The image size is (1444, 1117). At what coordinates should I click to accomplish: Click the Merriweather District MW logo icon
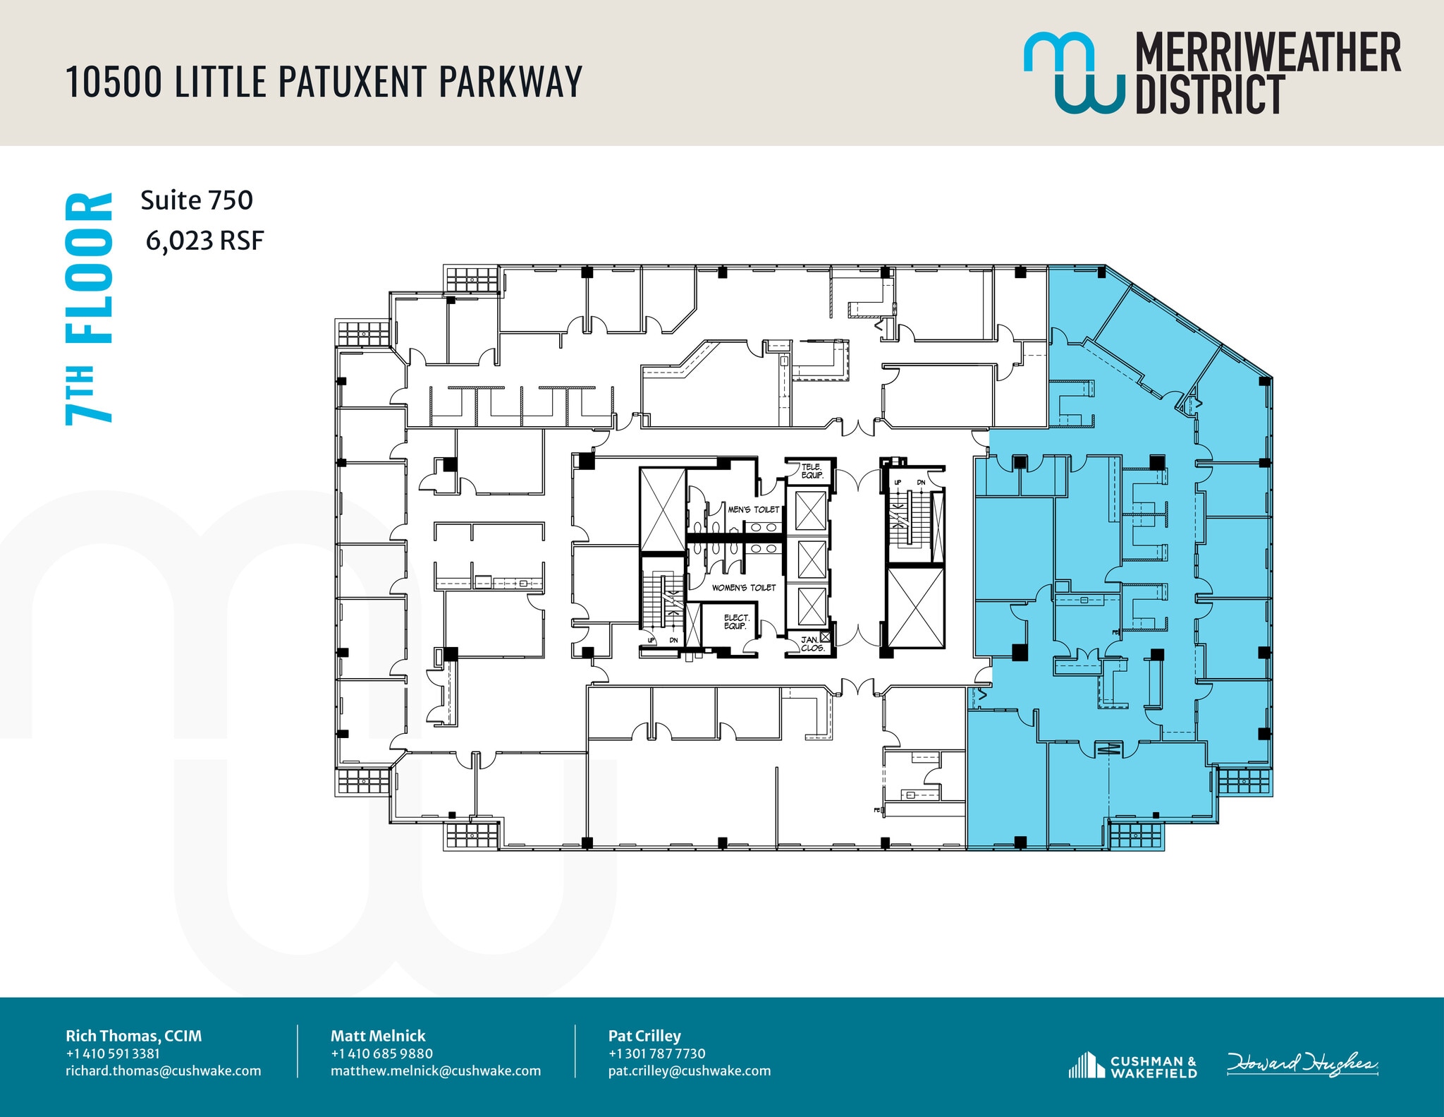1073,72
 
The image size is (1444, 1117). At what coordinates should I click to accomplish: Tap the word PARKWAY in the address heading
510,81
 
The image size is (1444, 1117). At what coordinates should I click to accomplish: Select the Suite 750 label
197,200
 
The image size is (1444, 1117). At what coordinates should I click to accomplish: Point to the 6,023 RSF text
204,241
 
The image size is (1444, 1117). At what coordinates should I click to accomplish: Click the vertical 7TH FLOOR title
89,308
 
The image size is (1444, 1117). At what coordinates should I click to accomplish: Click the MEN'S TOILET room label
754,509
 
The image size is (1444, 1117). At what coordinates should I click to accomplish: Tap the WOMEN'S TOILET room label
743,588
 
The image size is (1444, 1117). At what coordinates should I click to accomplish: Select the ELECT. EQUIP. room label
736,622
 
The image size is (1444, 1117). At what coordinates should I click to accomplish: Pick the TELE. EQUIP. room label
812,471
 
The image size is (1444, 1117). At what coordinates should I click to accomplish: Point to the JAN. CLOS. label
812,644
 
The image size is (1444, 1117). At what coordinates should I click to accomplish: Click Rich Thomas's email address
164,1070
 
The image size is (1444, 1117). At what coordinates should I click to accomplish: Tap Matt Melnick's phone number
381,1053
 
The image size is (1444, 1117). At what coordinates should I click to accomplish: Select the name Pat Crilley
644,1036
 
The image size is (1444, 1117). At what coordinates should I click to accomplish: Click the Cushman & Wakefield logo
1133,1066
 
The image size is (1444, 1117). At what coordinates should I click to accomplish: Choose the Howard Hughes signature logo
1302,1064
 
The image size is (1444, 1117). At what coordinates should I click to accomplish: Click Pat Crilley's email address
690,1070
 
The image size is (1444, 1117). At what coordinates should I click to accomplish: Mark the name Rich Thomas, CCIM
134,1036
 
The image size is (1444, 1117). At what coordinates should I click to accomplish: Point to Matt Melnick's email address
436,1070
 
